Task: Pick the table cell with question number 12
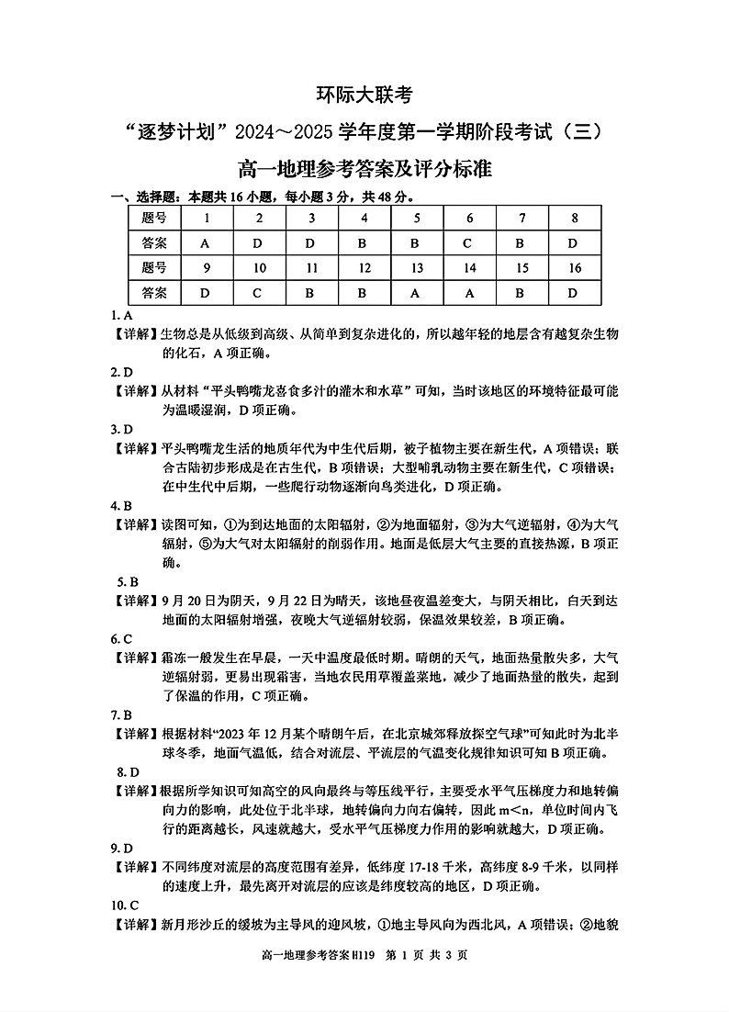tap(364, 267)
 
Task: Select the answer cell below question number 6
tap(469, 243)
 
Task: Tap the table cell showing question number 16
tap(574, 267)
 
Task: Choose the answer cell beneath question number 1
tap(207, 243)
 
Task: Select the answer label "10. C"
tap(125, 905)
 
